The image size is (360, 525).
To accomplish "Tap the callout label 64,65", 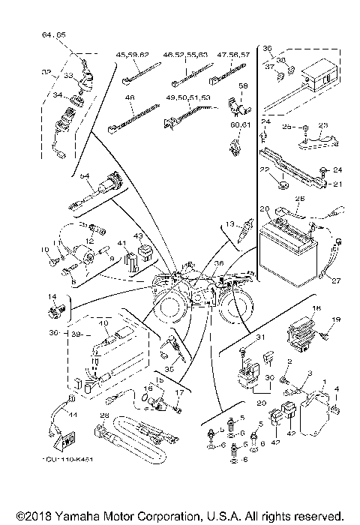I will coord(54,35).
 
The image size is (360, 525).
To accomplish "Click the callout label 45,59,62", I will coord(133,55).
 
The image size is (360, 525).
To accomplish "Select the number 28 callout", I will coord(105,415).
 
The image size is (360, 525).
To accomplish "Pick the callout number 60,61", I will coord(239,124).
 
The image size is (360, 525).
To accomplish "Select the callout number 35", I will coord(169,369).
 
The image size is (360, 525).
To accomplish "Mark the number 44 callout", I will coord(73,415).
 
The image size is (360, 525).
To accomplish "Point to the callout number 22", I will coord(264,170).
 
